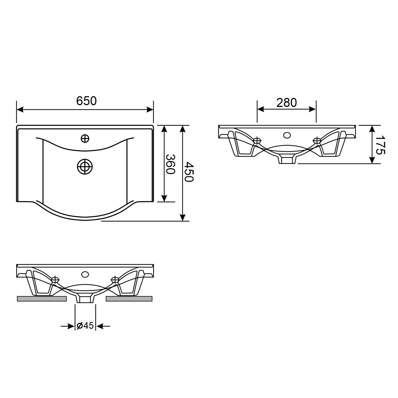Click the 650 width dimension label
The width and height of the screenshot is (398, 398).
coord(86,101)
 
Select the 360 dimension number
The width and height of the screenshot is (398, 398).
coord(170,164)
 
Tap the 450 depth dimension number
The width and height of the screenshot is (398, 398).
coord(189,172)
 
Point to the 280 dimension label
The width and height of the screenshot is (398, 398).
coord(287,103)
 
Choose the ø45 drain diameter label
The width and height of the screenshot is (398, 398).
coord(85,326)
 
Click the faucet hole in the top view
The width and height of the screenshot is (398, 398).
coord(85,138)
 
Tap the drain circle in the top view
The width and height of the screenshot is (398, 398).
coord(85,167)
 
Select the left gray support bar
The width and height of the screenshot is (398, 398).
coord(41,299)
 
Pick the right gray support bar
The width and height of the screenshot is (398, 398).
coord(129,299)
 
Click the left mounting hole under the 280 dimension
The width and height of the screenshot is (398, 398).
coord(257,141)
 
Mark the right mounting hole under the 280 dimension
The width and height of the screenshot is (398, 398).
coord(317,141)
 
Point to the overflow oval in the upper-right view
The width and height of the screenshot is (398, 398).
coord(287,135)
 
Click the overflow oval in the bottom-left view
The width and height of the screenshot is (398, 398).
coord(85,274)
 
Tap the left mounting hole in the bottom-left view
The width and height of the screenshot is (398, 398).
coord(55,279)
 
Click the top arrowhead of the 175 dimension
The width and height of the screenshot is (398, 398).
coord(372,129)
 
